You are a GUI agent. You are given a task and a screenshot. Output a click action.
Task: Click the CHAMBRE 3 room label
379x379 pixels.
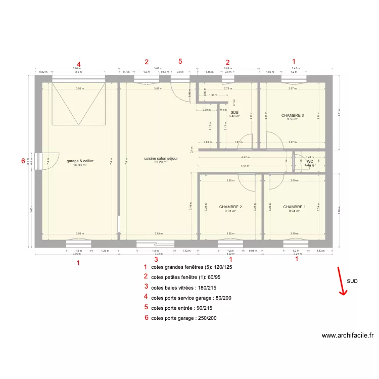[293, 115]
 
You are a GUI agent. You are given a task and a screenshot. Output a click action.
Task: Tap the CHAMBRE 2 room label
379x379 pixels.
[230, 207]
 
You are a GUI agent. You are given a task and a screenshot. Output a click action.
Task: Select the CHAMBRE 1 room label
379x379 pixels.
[294, 207]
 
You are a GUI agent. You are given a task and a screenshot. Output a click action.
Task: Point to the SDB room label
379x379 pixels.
[234, 112]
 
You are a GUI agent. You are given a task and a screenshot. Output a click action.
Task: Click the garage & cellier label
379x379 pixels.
[80, 161]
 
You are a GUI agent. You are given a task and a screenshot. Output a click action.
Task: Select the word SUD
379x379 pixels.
[353, 281]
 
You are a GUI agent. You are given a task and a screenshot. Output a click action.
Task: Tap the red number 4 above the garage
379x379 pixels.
[78, 64]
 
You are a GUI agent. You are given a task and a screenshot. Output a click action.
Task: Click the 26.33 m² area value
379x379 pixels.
[80, 165]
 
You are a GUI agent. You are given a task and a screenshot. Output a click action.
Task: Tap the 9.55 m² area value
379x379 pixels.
[293, 119]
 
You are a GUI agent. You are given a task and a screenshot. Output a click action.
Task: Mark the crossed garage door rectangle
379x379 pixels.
[78, 104]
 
